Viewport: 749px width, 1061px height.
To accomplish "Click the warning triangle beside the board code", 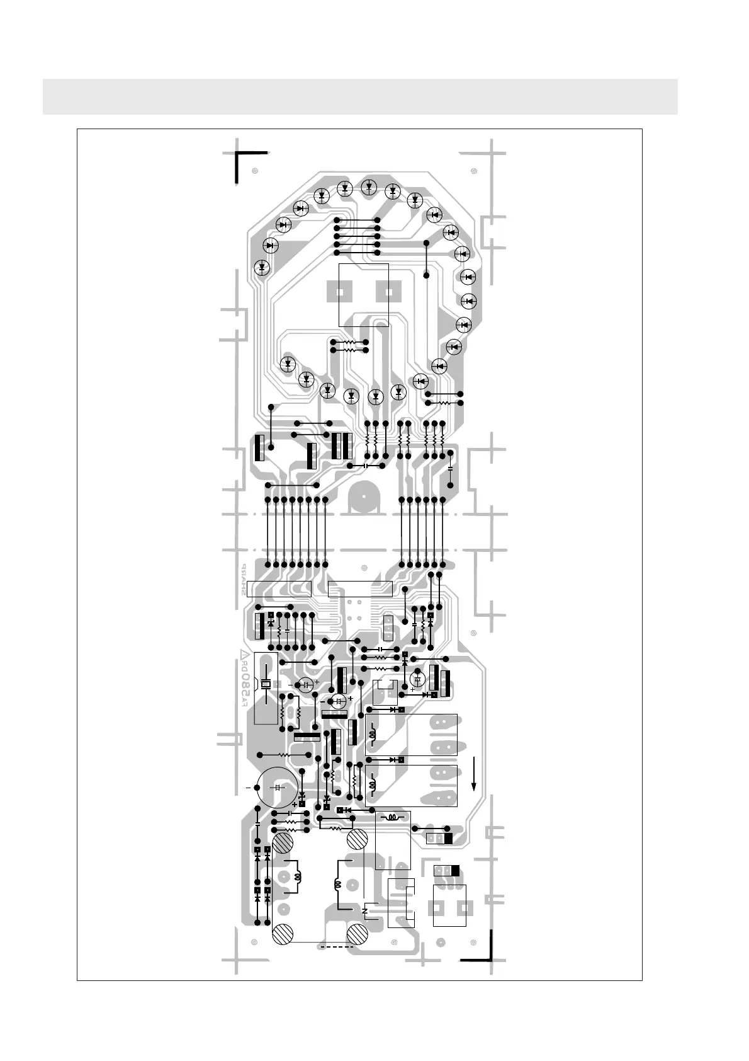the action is click(x=243, y=653).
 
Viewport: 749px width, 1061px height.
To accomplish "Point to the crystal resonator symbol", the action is click(x=266, y=685).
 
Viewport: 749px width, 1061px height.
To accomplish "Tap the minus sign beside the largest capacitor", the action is click(x=248, y=788).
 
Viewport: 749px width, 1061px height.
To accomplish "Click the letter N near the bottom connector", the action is click(x=365, y=912).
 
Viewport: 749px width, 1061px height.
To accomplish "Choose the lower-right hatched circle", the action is click(x=358, y=934).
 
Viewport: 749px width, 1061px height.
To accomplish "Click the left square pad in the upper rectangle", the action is click(x=341, y=293).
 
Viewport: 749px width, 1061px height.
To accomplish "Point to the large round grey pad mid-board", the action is click(x=364, y=497).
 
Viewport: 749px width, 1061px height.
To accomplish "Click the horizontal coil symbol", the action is click(x=393, y=818).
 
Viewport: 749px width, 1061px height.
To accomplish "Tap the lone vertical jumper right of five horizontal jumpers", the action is click(x=426, y=259).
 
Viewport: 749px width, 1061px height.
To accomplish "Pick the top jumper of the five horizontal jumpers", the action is click(x=357, y=220).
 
